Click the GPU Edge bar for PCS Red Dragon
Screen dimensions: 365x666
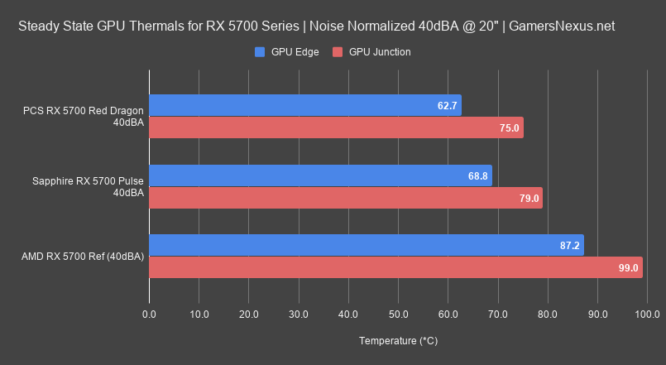pos(304,105)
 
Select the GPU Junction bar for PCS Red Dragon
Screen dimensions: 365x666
pos(336,127)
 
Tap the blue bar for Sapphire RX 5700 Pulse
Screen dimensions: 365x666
pos(320,175)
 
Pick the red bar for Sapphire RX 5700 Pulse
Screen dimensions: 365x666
pos(346,198)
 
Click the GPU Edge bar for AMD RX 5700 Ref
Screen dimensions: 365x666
pos(366,245)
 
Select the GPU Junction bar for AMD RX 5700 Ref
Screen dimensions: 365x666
pos(395,267)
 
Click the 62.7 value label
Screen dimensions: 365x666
pos(448,106)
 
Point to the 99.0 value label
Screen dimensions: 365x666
pos(629,268)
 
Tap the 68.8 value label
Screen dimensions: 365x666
pos(478,176)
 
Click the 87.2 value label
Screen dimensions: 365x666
pos(570,246)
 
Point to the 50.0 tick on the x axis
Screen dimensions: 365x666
pos(398,315)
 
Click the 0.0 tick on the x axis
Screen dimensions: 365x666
pos(149,315)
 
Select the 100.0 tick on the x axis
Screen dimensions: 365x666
pos(647,315)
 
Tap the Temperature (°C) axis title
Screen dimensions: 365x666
pos(398,341)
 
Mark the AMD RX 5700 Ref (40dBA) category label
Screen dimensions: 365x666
pos(83,257)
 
